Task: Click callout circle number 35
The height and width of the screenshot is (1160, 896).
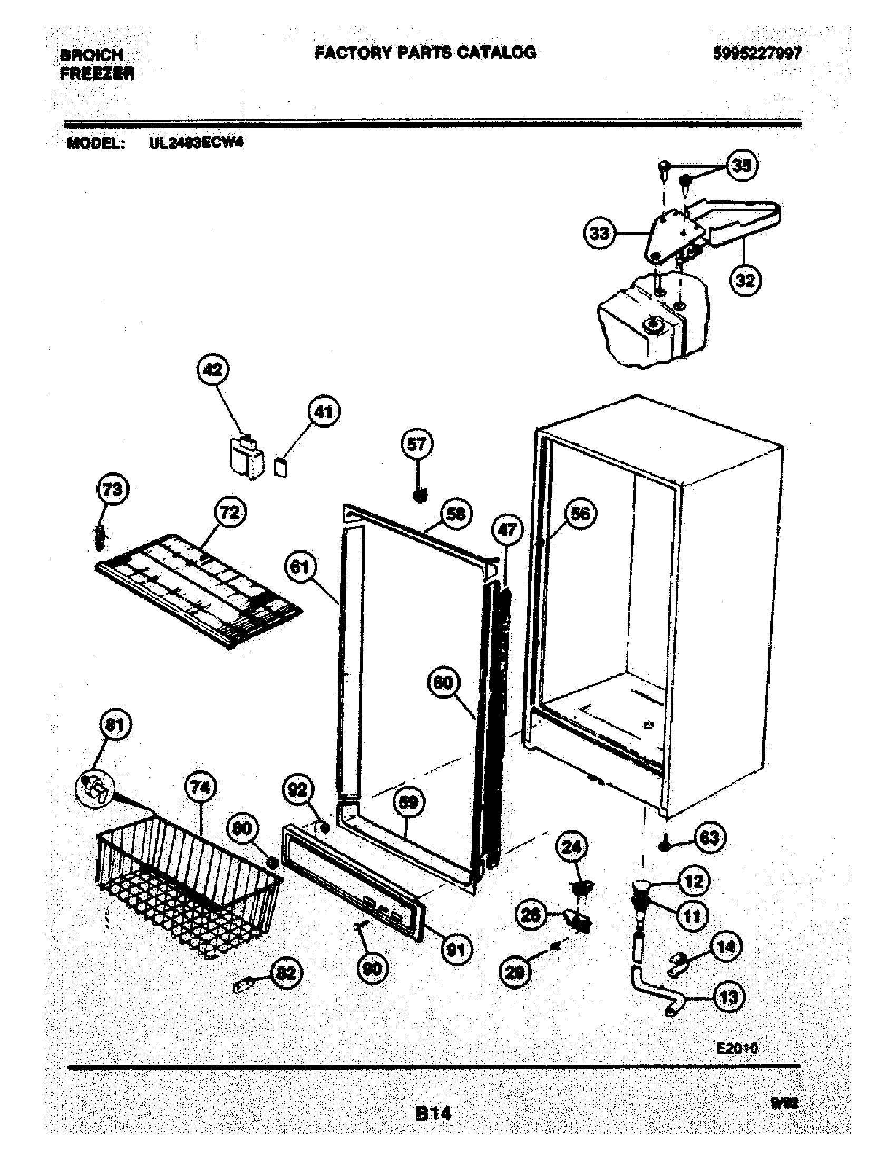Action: [742, 166]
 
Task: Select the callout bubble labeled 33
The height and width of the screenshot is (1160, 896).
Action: [600, 233]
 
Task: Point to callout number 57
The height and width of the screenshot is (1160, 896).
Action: [417, 444]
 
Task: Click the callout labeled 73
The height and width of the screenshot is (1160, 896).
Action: [113, 489]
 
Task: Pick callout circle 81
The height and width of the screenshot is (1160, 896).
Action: [115, 725]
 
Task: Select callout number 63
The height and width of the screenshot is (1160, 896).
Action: [710, 838]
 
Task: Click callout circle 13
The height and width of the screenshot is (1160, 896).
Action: [728, 997]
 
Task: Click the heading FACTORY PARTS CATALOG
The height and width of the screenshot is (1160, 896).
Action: [425, 52]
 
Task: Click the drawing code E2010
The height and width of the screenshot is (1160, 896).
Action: [737, 1048]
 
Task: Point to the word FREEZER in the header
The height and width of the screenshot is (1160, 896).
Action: [97, 74]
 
